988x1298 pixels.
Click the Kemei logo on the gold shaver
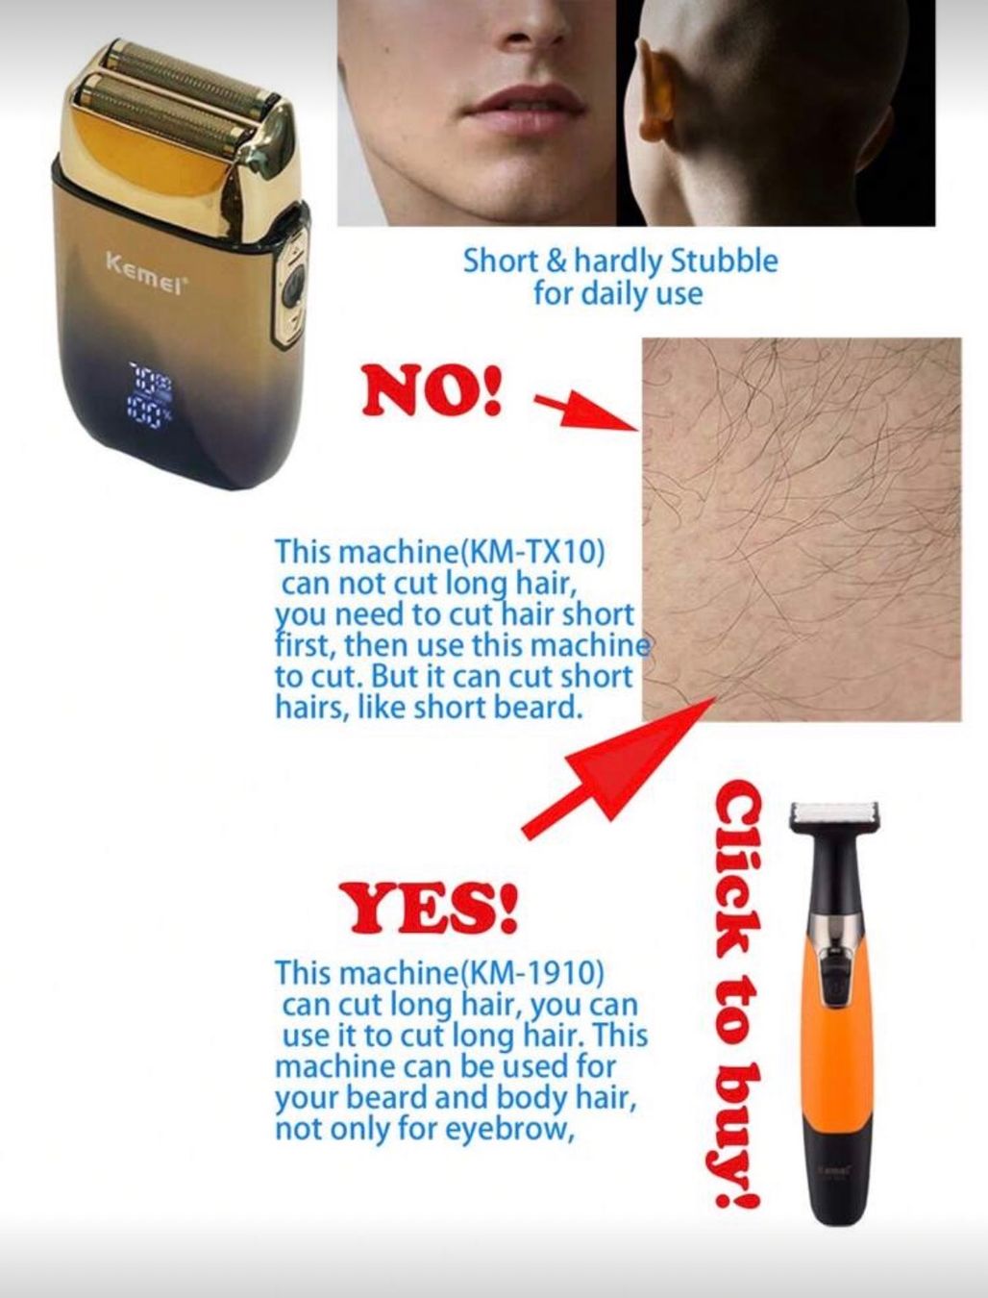145,269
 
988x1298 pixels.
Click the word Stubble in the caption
724,262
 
